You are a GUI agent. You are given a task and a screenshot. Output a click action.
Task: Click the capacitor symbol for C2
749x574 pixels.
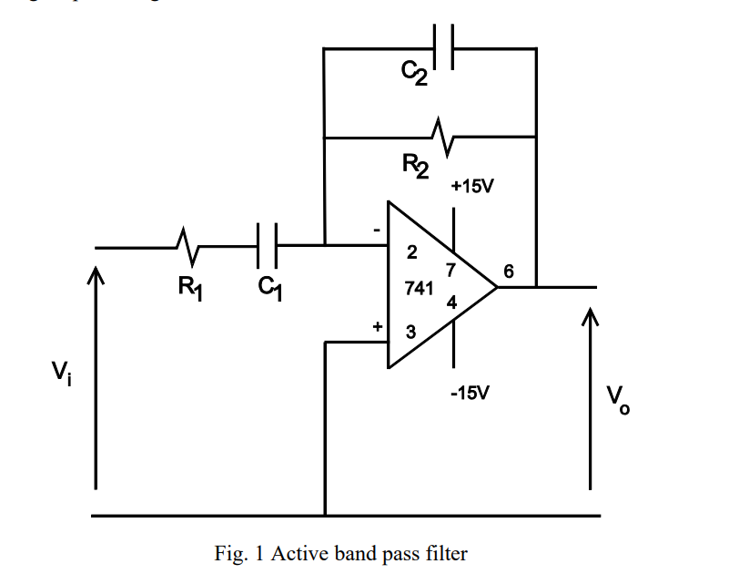tap(445, 46)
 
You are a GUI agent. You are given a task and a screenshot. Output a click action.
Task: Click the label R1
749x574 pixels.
tap(188, 289)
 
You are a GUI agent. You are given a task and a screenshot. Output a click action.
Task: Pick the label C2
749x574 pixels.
tap(415, 75)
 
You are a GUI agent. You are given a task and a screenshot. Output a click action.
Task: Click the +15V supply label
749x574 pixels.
tap(472, 187)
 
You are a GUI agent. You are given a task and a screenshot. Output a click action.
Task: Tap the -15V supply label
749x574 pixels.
tap(470, 394)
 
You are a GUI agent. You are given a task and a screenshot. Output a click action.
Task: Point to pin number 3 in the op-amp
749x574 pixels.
tap(410, 333)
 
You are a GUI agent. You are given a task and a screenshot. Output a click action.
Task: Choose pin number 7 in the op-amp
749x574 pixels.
tap(450, 270)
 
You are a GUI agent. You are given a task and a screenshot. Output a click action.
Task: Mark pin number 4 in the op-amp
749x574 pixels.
tap(451, 302)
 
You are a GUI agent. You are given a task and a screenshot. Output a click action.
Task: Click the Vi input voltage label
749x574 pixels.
tap(60, 372)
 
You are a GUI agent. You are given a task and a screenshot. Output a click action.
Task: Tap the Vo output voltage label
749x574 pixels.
tap(618, 397)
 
